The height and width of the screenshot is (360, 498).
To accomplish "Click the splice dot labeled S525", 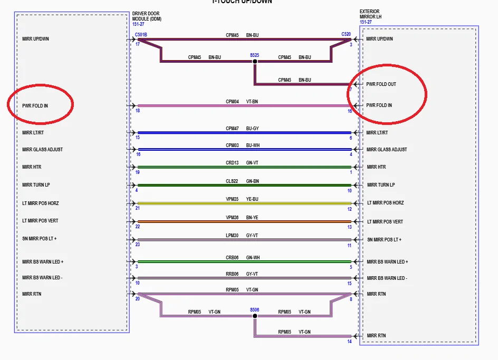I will tap(255, 62).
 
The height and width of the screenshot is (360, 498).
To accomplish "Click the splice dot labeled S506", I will tap(255, 316).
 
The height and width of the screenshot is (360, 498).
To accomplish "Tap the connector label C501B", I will tap(141, 35).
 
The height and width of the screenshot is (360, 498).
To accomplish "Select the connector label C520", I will tap(346, 35).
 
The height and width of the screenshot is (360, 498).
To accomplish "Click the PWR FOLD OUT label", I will tap(381, 84).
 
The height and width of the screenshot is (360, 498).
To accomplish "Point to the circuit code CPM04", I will tap(232, 101).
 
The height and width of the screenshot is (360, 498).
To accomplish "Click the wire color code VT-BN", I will tap(252, 101).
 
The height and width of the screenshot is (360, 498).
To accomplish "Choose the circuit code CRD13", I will tap(232, 163).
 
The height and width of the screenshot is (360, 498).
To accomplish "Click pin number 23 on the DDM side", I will tap(137, 245).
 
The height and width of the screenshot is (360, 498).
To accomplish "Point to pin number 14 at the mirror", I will tap(349, 342).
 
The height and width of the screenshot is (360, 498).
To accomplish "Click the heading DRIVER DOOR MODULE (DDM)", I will tap(147, 16).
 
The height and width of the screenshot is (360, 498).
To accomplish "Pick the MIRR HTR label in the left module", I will tap(32, 167).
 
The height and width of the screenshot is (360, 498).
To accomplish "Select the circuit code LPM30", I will tap(232, 236).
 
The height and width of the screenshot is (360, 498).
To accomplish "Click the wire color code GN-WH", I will tap(253, 257).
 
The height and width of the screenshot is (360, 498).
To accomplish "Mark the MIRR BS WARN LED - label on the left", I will tap(42, 278).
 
